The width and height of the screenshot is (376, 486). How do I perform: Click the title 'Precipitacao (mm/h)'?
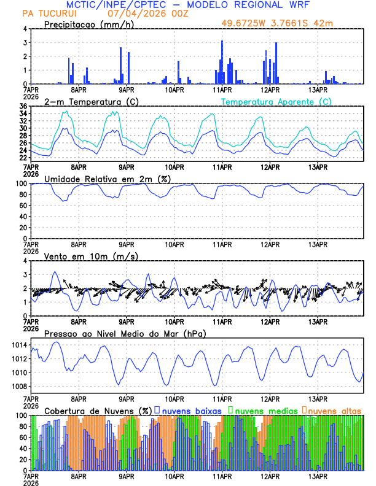coord(88,25)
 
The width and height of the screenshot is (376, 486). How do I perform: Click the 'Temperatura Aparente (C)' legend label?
coord(276,101)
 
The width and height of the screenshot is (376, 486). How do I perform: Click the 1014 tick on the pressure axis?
coord(18,345)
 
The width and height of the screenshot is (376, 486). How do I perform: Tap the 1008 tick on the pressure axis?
coord(18,387)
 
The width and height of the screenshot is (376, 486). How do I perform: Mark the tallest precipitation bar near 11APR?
coord(222,62)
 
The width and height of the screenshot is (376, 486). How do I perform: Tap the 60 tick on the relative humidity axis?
coord(23,206)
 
